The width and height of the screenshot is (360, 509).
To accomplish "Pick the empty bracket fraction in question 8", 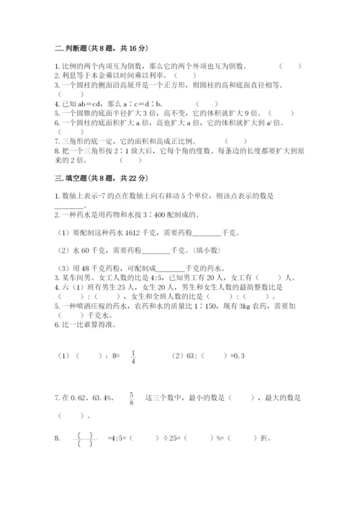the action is click(85, 438).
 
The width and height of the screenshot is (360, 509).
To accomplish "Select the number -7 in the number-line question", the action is click(91, 195).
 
